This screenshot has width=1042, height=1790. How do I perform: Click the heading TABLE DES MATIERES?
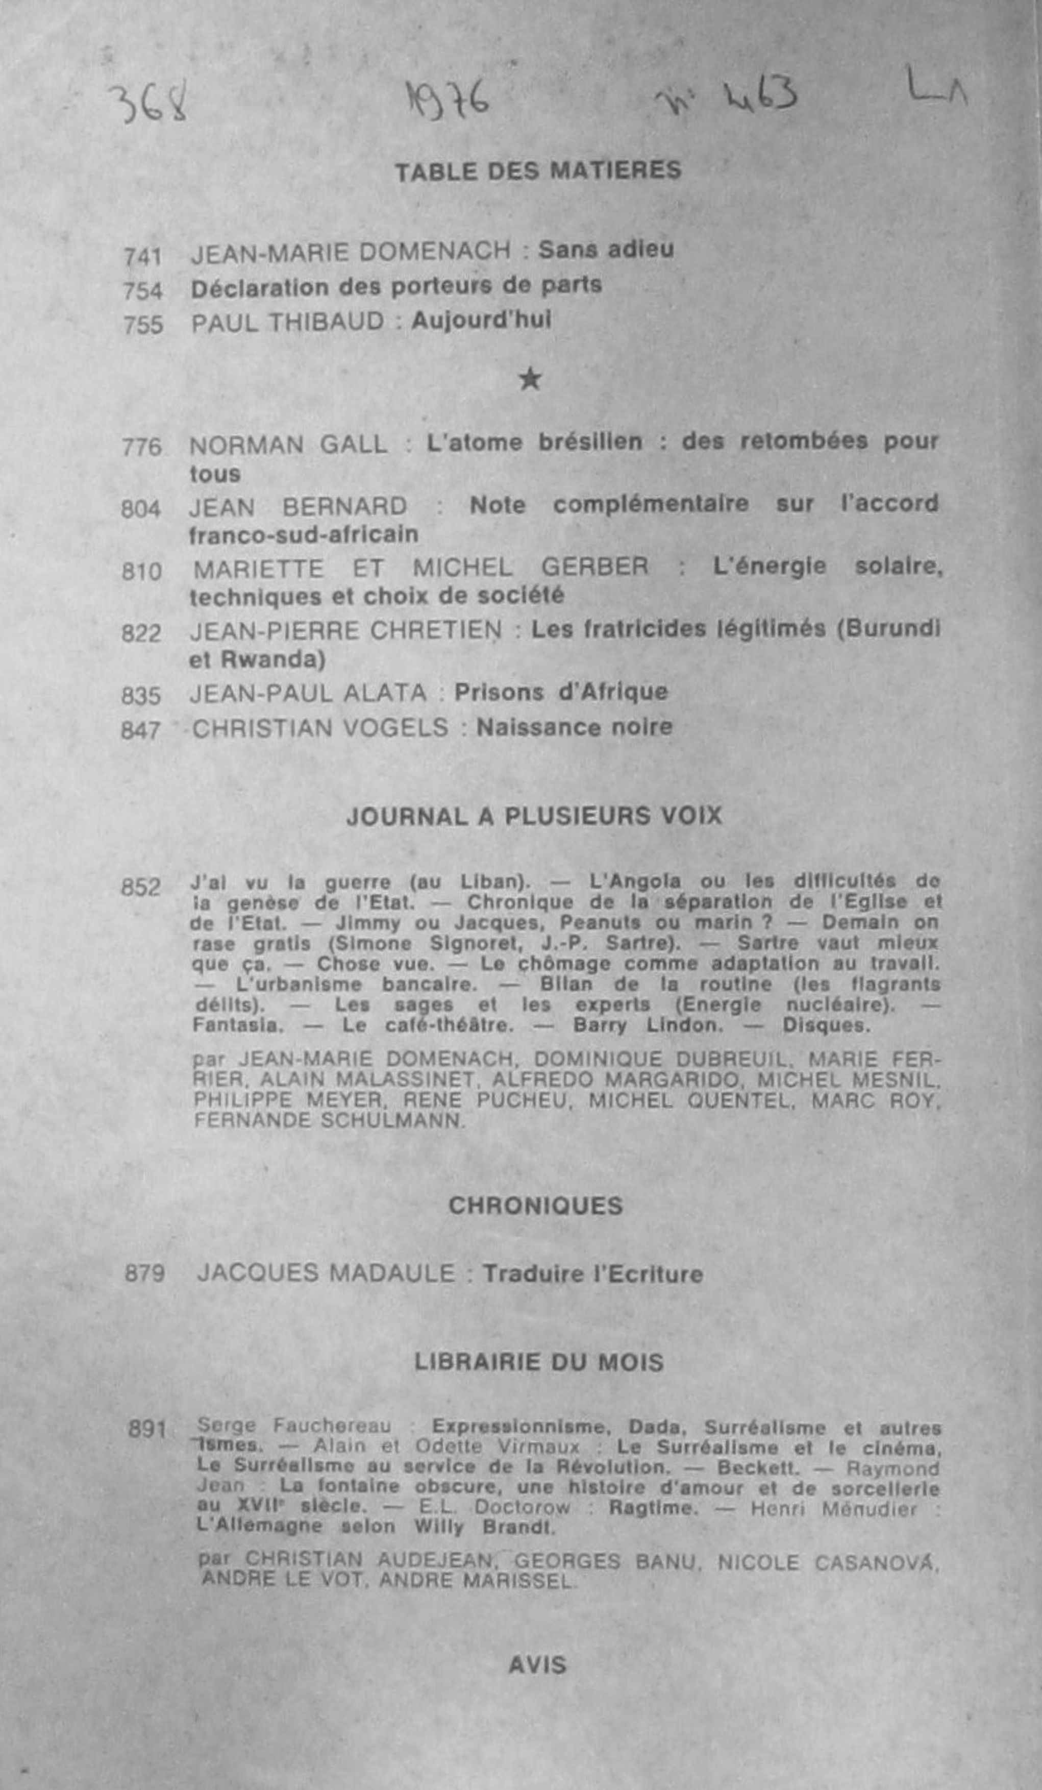point(538,171)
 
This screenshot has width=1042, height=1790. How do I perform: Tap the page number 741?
point(143,256)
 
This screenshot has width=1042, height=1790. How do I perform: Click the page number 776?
point(141,448)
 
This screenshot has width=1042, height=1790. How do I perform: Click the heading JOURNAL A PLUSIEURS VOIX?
point(534,816)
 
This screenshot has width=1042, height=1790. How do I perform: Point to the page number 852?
point(141,888)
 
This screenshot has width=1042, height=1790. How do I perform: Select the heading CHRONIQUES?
point(536,1206)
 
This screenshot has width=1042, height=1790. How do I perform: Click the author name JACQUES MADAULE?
point(326,1273)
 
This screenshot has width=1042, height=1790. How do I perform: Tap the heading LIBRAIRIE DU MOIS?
point(538,1362)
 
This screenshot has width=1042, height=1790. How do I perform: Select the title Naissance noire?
point(574,727)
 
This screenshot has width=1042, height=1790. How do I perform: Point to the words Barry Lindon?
point(647,1026)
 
